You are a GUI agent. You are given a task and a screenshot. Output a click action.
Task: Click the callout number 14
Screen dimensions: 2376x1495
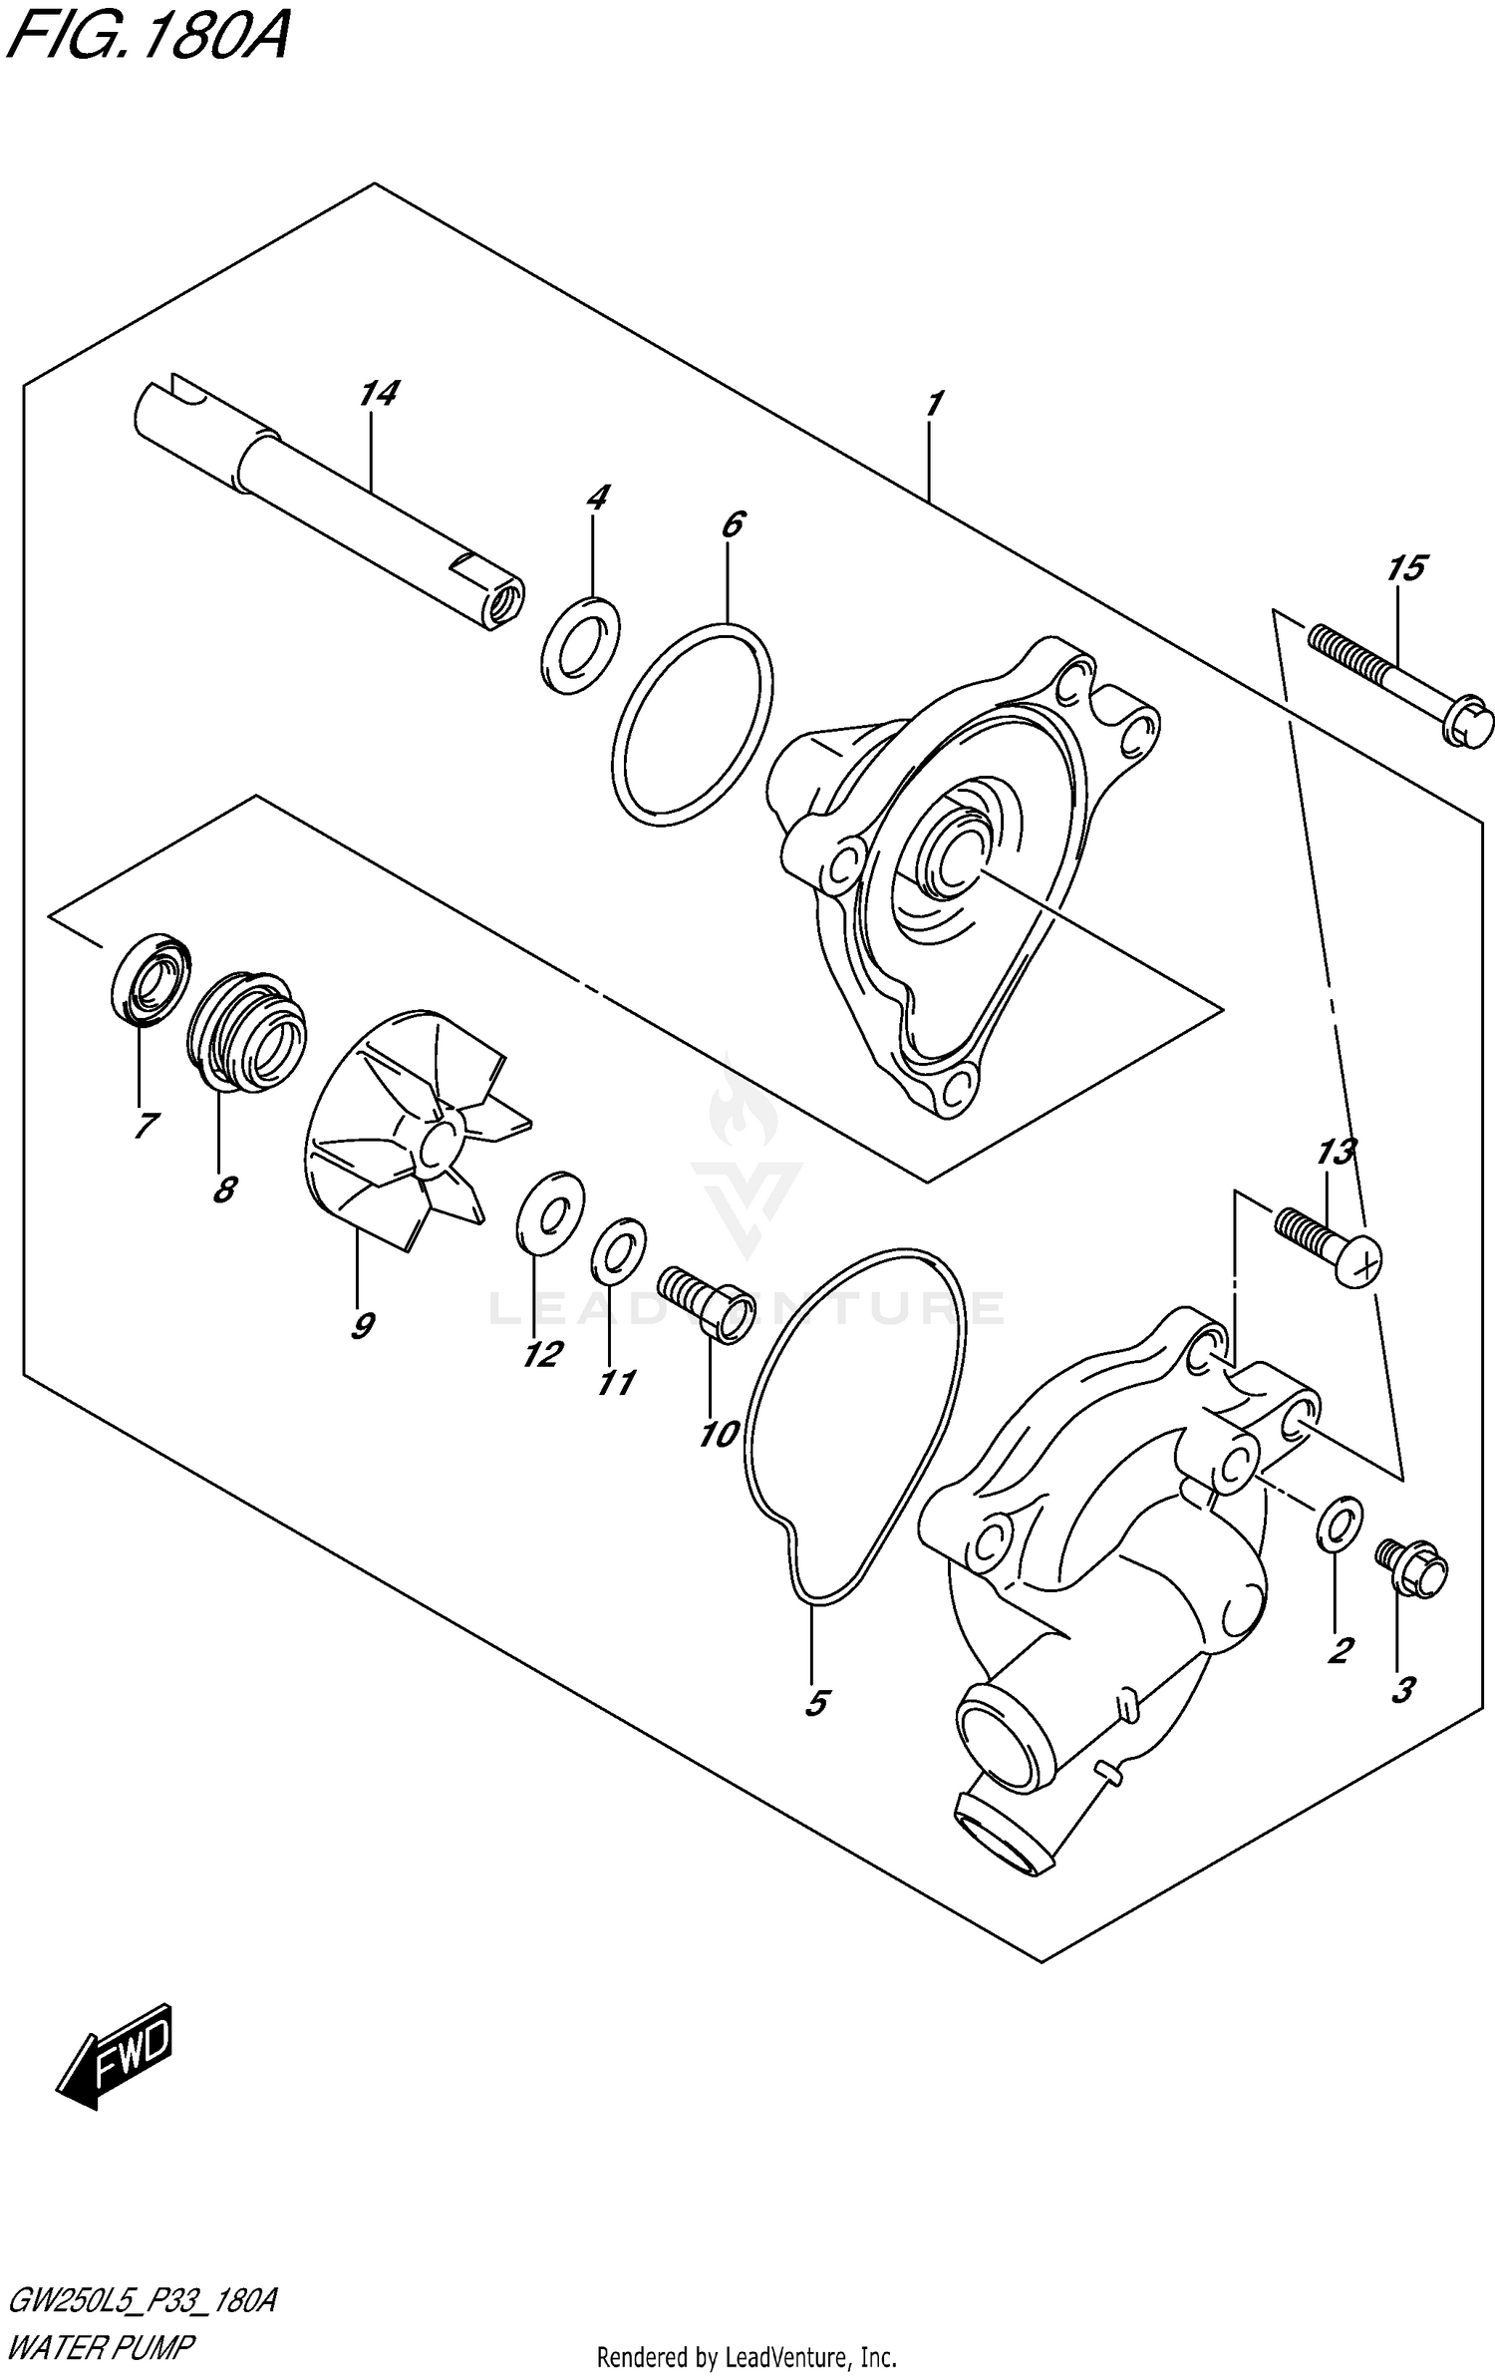point(379,394)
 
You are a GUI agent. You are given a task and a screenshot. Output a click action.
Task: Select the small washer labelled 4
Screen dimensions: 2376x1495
point(581,645)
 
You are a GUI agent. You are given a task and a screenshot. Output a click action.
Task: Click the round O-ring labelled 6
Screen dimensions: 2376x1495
point(692,725)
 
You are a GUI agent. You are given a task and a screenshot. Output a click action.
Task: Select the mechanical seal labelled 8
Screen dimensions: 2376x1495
point(247,1030)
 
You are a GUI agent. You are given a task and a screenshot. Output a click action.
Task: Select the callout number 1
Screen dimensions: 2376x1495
point(933,405)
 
